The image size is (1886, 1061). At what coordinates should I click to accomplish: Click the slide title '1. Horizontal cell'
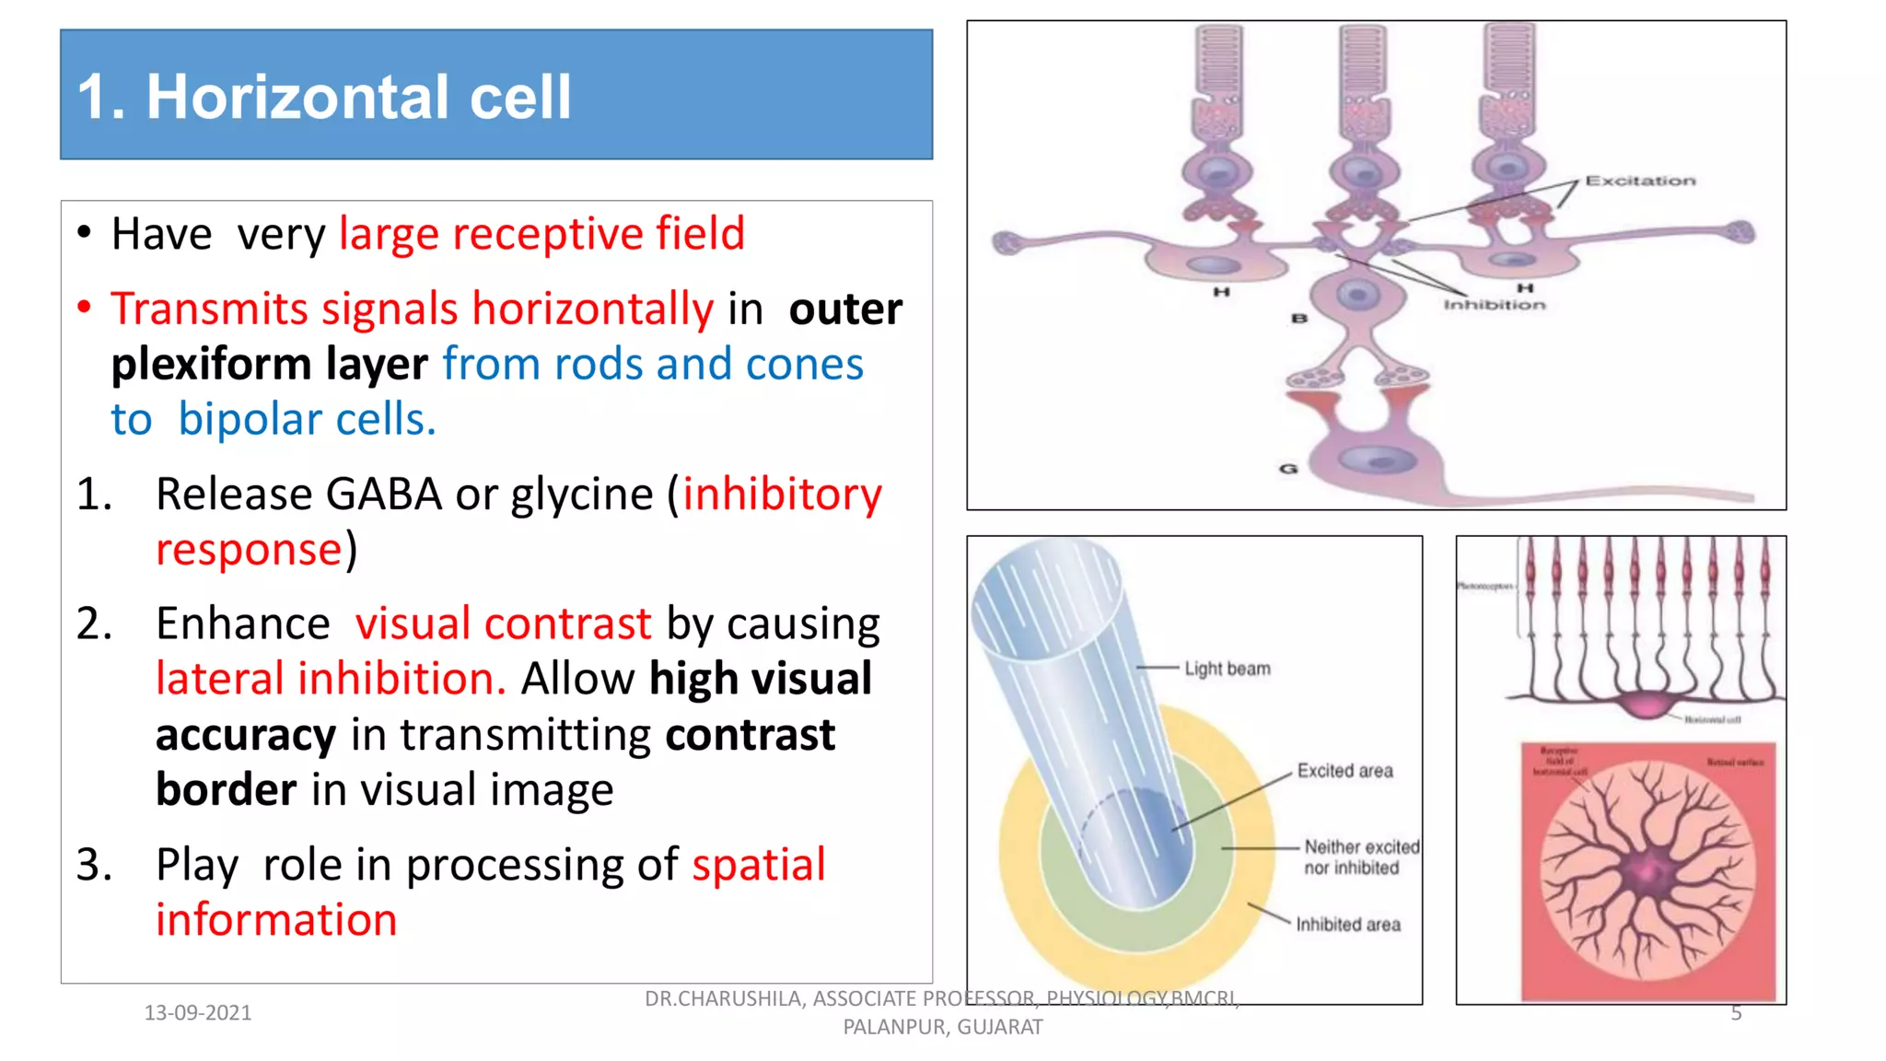324,97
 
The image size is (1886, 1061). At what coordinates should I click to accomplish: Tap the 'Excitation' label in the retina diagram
1639,181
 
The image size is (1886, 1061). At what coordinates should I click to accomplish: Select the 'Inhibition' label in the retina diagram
1494,305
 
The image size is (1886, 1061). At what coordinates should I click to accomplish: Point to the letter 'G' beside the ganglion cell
1288,469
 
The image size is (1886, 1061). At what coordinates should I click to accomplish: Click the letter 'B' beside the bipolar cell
1299,319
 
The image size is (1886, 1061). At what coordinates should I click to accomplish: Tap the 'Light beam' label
1227,669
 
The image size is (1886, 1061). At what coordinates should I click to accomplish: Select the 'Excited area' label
1345,771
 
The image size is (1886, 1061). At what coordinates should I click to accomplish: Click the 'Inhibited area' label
1347,925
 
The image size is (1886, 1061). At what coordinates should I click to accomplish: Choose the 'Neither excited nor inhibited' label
1360,857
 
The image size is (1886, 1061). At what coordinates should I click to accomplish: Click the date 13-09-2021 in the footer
198,1013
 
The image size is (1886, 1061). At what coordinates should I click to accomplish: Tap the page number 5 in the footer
1736,1013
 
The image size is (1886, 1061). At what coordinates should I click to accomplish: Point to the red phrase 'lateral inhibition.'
331,680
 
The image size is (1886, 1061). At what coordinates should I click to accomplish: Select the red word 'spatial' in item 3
758,865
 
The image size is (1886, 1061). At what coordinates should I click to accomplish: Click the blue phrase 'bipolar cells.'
307,420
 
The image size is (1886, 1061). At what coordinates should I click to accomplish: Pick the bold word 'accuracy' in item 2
246,735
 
